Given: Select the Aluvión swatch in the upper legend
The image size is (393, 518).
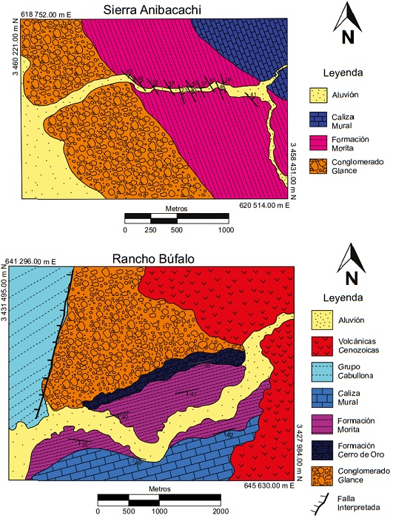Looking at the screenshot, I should [x=319, y=95].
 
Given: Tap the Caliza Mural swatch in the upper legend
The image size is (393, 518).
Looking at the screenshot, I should [x=319, y=118].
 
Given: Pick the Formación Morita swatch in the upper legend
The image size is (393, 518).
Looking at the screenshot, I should [x=319, y=142].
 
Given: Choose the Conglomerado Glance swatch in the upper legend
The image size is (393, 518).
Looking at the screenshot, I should [x=319, y=166].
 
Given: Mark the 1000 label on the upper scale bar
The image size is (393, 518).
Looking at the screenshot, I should [x=226, y=230].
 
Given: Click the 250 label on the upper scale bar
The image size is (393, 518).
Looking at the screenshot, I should [x=151, y=230].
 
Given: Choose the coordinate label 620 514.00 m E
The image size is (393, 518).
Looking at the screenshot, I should [x=268, y=204].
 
